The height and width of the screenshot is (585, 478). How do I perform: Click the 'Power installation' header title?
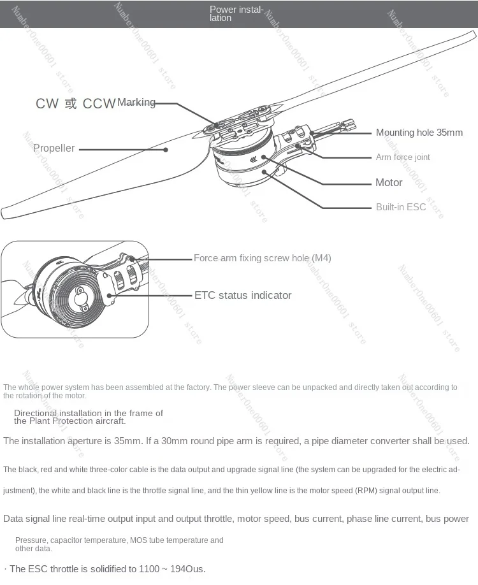click(236, 13)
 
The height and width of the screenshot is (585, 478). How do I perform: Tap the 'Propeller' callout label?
click(54, 148)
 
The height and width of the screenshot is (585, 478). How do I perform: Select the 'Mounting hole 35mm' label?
click(419, 133)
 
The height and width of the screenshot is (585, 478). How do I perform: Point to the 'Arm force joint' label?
click(403, 157)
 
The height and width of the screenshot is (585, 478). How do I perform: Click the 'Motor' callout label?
click(389, 183)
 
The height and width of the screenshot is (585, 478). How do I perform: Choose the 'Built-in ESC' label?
click(401, 207)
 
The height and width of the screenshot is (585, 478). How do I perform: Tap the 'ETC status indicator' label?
click(243, 295)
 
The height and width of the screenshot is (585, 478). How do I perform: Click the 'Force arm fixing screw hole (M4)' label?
click(263, 258)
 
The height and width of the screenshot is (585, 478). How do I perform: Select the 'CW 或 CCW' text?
click(75, 104)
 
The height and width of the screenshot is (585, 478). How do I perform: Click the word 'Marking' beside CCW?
click(136, 103)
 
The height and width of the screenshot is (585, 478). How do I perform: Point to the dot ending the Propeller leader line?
click(166, 149)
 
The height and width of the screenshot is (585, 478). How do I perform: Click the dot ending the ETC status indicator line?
click(112, 295)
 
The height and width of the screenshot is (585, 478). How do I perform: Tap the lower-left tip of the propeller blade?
click(5, 213)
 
